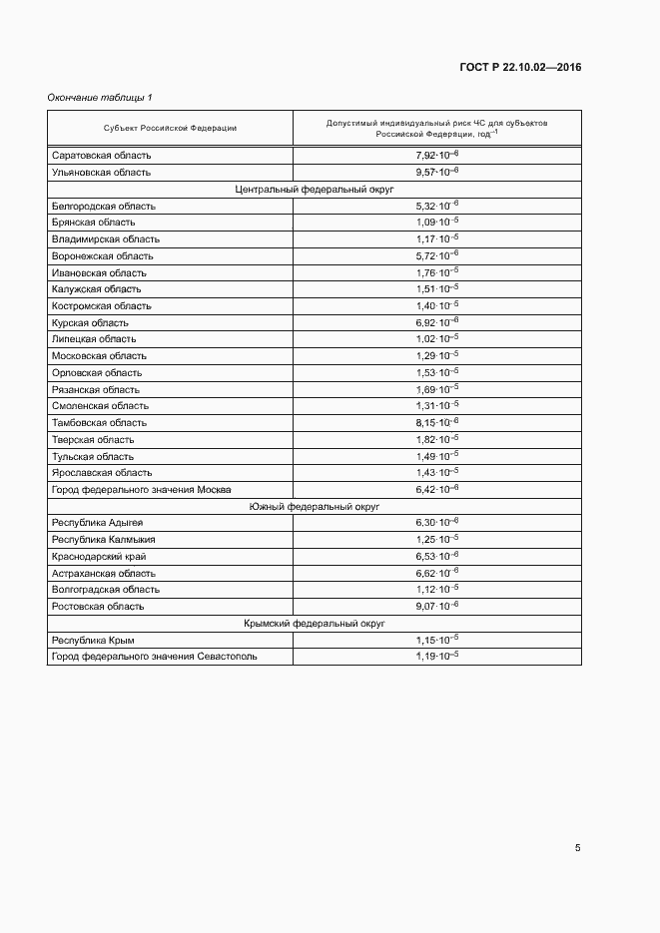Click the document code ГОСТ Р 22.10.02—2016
(519, 68)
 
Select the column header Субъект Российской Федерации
(170, 128)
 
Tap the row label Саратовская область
(101, 156)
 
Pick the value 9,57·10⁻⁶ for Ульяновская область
(436, 172)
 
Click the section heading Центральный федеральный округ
(315, 189)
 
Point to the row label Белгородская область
(103, 206)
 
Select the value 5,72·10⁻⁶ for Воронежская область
(436, 255)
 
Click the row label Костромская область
(101, 306)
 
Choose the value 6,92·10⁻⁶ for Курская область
(436, 322)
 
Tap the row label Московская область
(99, 356)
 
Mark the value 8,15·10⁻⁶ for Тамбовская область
(436, 423)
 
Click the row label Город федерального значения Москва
(141, 490)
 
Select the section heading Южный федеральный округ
(315, 507)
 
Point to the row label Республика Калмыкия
(103, 540)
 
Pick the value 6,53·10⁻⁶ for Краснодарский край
(436, 556)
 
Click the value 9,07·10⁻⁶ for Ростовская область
(436, 606)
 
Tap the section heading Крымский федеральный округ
(315, 623)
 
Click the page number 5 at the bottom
(577, 848)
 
